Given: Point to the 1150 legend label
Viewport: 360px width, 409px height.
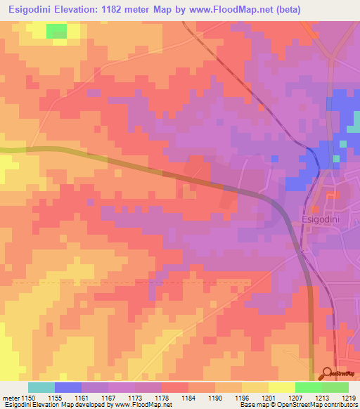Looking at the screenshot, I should tap(27, 398).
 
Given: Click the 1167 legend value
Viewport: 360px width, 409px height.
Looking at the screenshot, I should tap(108, 398).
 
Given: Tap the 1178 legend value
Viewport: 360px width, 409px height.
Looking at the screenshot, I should tap(161, 398).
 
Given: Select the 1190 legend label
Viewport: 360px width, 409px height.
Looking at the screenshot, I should tap(214, 398).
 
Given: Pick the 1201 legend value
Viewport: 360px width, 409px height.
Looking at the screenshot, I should tap(268, 398).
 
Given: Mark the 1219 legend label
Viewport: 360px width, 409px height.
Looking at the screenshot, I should tap(348, 398).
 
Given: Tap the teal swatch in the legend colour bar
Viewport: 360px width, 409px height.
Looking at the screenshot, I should tap(41, 387).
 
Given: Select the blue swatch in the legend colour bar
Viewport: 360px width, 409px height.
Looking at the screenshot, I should tap(67, 387).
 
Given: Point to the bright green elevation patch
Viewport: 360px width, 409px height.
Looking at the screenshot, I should tap(56, 30).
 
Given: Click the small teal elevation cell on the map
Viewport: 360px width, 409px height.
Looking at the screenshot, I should tap(344, 143).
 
